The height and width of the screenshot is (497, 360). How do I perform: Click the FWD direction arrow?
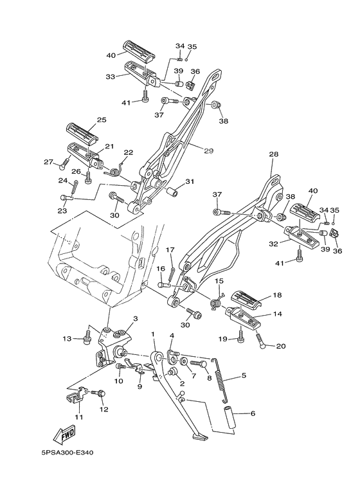click(x=65, y=434)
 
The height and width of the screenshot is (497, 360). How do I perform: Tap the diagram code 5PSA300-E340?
click(x=67, y=453)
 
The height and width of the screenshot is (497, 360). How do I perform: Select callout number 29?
click(x=208, y=151)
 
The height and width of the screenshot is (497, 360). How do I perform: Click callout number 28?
click(x=273, y=154)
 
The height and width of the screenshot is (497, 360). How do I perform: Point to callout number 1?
click(x=153, y=334)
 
